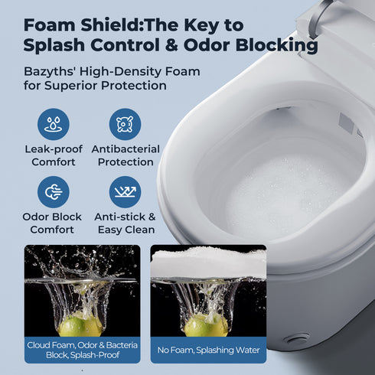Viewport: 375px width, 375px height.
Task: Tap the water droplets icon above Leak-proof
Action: pyautogui.click(x=53, y=124)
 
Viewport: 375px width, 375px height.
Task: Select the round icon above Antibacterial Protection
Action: pyautogui.click(x=125, y=124)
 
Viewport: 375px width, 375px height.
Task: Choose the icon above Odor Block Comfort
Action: pyautogui.click(x=53, y=192)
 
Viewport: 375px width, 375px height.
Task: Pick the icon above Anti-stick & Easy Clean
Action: pyautogui.click(x=125, y=192)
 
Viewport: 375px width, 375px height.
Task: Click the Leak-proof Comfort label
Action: pyautogui.click(x=53, y=155)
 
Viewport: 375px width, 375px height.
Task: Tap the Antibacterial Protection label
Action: pyautogui.click(x=125, y=155)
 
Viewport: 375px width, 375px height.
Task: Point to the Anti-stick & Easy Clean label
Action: pyautogui.click(x=125, y=223)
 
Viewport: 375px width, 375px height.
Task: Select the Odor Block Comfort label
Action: pyautogui.click(x=53, y=223)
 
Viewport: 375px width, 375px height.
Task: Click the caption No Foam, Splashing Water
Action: pyautogui.click(x=207, y=350)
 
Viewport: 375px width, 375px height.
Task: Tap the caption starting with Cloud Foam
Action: pyautogui.click(x=81, y=350)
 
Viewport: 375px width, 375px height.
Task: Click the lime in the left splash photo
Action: pyautogui.click(x=81, y=325)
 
